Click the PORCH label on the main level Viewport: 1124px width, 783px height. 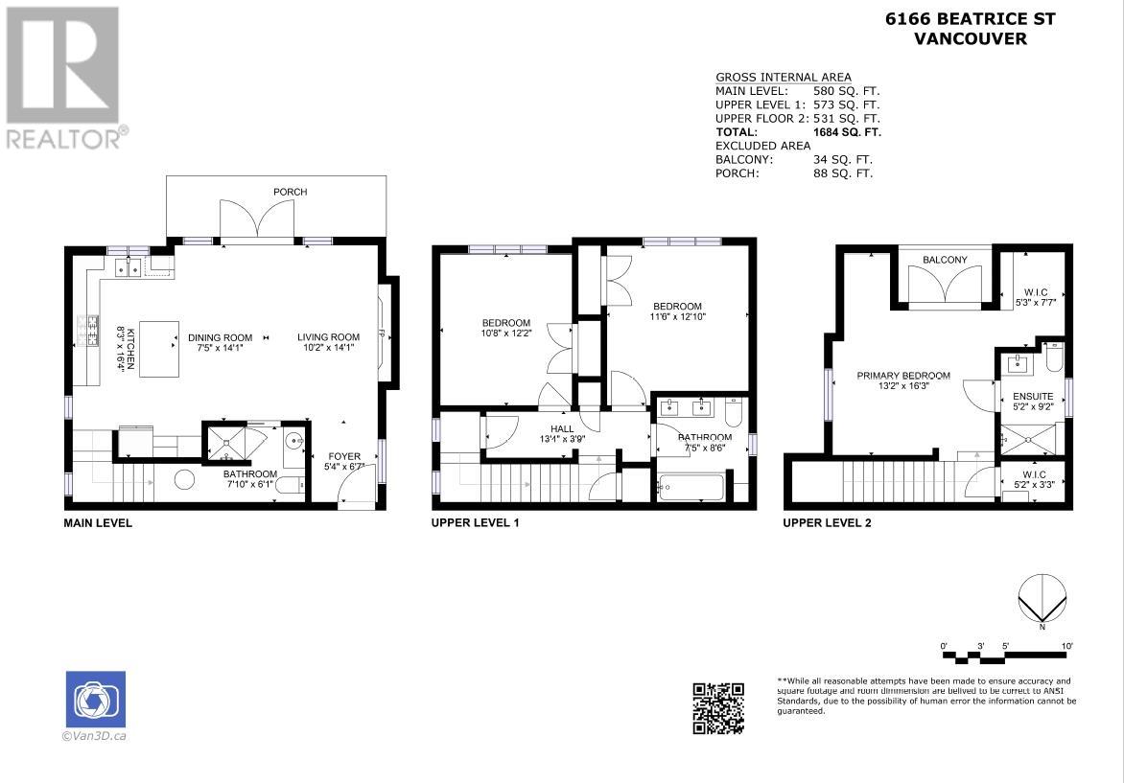(290, 192)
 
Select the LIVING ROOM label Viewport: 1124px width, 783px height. (327, 337)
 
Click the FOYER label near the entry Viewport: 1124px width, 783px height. (343, 456)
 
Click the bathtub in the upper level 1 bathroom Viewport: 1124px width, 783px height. (691, 487)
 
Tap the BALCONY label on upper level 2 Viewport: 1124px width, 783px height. (945, 260)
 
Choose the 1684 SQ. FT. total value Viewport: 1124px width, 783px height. (846, 132)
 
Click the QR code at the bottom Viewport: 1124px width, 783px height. (718, 707)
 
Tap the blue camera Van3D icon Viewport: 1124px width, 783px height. (95, 700)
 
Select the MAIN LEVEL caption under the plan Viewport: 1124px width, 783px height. (98, 523)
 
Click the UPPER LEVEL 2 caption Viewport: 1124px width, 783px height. (827, 523)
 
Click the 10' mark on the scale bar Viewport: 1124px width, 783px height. (1066, 647)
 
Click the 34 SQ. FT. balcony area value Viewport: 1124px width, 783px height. (842, 160)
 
